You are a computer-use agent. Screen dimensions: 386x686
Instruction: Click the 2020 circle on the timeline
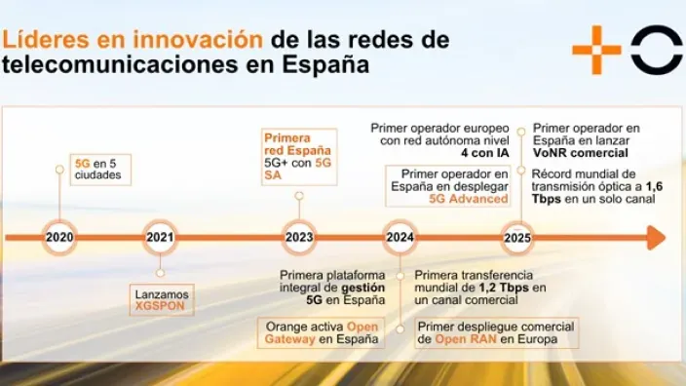pos(60,237)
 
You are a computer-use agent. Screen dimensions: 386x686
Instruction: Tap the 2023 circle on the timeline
pos(299,237)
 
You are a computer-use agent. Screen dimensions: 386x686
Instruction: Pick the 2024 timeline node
pos(400,237)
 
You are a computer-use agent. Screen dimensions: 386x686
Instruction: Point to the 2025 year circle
pos(517,237)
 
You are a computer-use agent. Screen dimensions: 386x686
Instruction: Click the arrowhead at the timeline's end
pos(656,237)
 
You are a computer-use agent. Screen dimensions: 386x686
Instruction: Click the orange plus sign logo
pos(596,50)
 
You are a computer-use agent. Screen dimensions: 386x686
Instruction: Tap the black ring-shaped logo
pos(656,50)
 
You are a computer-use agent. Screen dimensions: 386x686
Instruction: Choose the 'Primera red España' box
pos(298,157)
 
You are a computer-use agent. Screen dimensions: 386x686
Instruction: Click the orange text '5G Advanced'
pos(469,199)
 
